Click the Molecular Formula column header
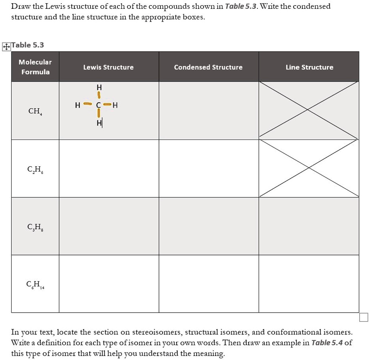tap(35, 67)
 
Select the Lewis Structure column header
tap(108, 67)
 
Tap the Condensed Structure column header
tap(208, 67)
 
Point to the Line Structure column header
tap(309, 67)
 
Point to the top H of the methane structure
tap(99, 87)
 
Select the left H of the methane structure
tap(77, 105)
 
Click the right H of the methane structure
tap(115, 105)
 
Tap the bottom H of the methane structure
tap(99, 124)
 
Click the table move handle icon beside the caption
tap(6, 47)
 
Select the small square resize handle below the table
tap(363, 318)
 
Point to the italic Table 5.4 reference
tap(327, 343)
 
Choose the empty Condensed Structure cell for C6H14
tap(209, 284)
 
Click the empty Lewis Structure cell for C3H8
tap(109, 226)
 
